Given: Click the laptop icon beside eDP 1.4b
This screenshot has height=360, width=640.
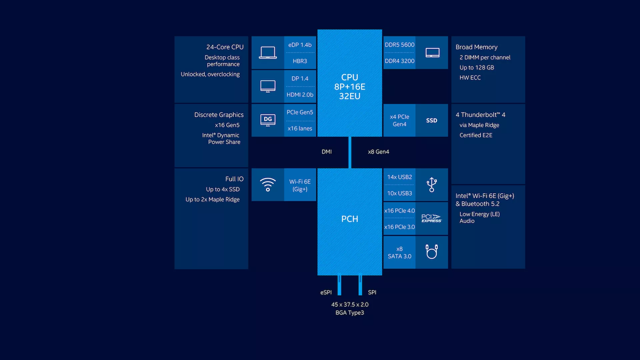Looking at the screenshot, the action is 268,53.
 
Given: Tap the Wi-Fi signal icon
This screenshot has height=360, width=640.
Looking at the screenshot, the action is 268,185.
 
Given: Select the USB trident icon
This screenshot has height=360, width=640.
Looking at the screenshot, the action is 432,185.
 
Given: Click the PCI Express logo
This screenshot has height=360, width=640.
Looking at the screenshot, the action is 431,218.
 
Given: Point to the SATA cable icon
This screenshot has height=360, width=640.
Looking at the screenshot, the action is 432,252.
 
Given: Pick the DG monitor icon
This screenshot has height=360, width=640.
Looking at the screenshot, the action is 268,120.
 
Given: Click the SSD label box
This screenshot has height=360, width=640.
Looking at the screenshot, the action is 432,120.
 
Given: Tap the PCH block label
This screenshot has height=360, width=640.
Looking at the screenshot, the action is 350,219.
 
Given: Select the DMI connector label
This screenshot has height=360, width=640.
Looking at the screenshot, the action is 327,152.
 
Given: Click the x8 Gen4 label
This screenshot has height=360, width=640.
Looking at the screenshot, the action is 378,152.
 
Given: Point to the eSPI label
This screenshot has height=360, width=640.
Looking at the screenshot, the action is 326,292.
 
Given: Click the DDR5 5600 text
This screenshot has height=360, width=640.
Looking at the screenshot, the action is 400,45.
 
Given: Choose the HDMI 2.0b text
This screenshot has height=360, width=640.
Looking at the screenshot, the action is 300,95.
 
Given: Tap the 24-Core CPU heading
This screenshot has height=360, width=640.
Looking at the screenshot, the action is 225,47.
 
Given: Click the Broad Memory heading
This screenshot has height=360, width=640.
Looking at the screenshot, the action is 477,47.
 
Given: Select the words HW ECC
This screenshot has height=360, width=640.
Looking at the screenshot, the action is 470,78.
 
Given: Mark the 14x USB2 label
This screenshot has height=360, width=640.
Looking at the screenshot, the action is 400,177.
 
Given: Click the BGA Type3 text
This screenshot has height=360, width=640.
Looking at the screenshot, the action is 350,313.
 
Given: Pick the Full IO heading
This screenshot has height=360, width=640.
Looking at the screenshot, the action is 234,179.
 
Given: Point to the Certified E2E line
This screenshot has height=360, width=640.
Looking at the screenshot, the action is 476,135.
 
